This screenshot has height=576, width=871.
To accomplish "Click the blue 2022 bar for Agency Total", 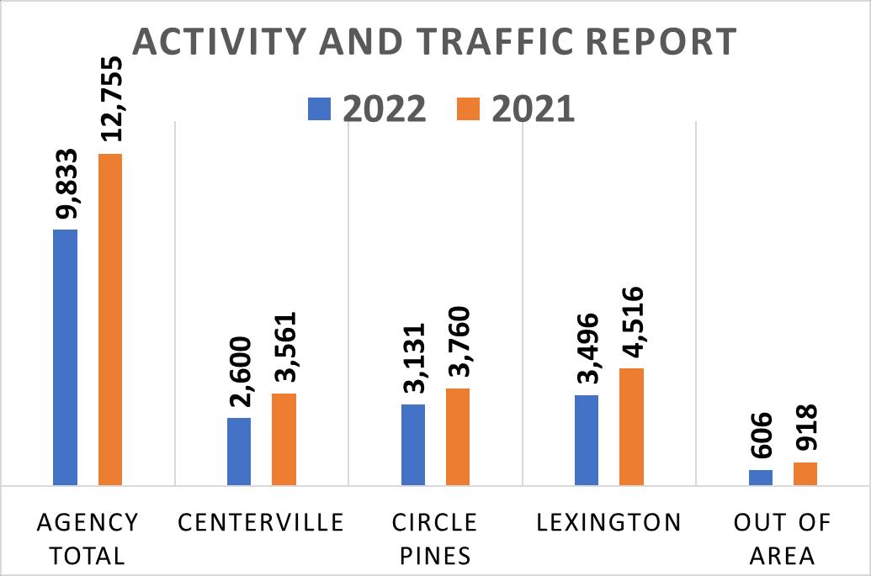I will pos(65,357).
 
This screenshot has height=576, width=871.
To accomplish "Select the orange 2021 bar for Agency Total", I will pos(110,320).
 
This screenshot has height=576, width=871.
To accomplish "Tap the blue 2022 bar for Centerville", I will pos(239,452).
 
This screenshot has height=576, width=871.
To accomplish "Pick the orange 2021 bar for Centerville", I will pos(284,439).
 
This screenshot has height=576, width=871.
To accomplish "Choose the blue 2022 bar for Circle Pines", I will pos(413,445).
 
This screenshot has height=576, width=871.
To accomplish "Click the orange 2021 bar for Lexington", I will pos(631,426).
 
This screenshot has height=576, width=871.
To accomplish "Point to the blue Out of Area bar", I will pos(761,478).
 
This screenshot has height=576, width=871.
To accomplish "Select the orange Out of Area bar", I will pos(805,473).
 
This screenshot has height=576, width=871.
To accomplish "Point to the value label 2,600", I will pos(240,373).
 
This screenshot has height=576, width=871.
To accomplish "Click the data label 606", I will pos(761,436).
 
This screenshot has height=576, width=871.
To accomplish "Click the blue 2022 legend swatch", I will pos(320,109).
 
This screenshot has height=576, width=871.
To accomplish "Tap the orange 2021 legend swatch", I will pos(469,109).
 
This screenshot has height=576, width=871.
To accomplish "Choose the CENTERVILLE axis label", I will pos(262,523).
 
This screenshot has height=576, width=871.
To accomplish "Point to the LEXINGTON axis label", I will pos(608,523).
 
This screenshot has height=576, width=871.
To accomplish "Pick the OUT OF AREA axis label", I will pos(783,539).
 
